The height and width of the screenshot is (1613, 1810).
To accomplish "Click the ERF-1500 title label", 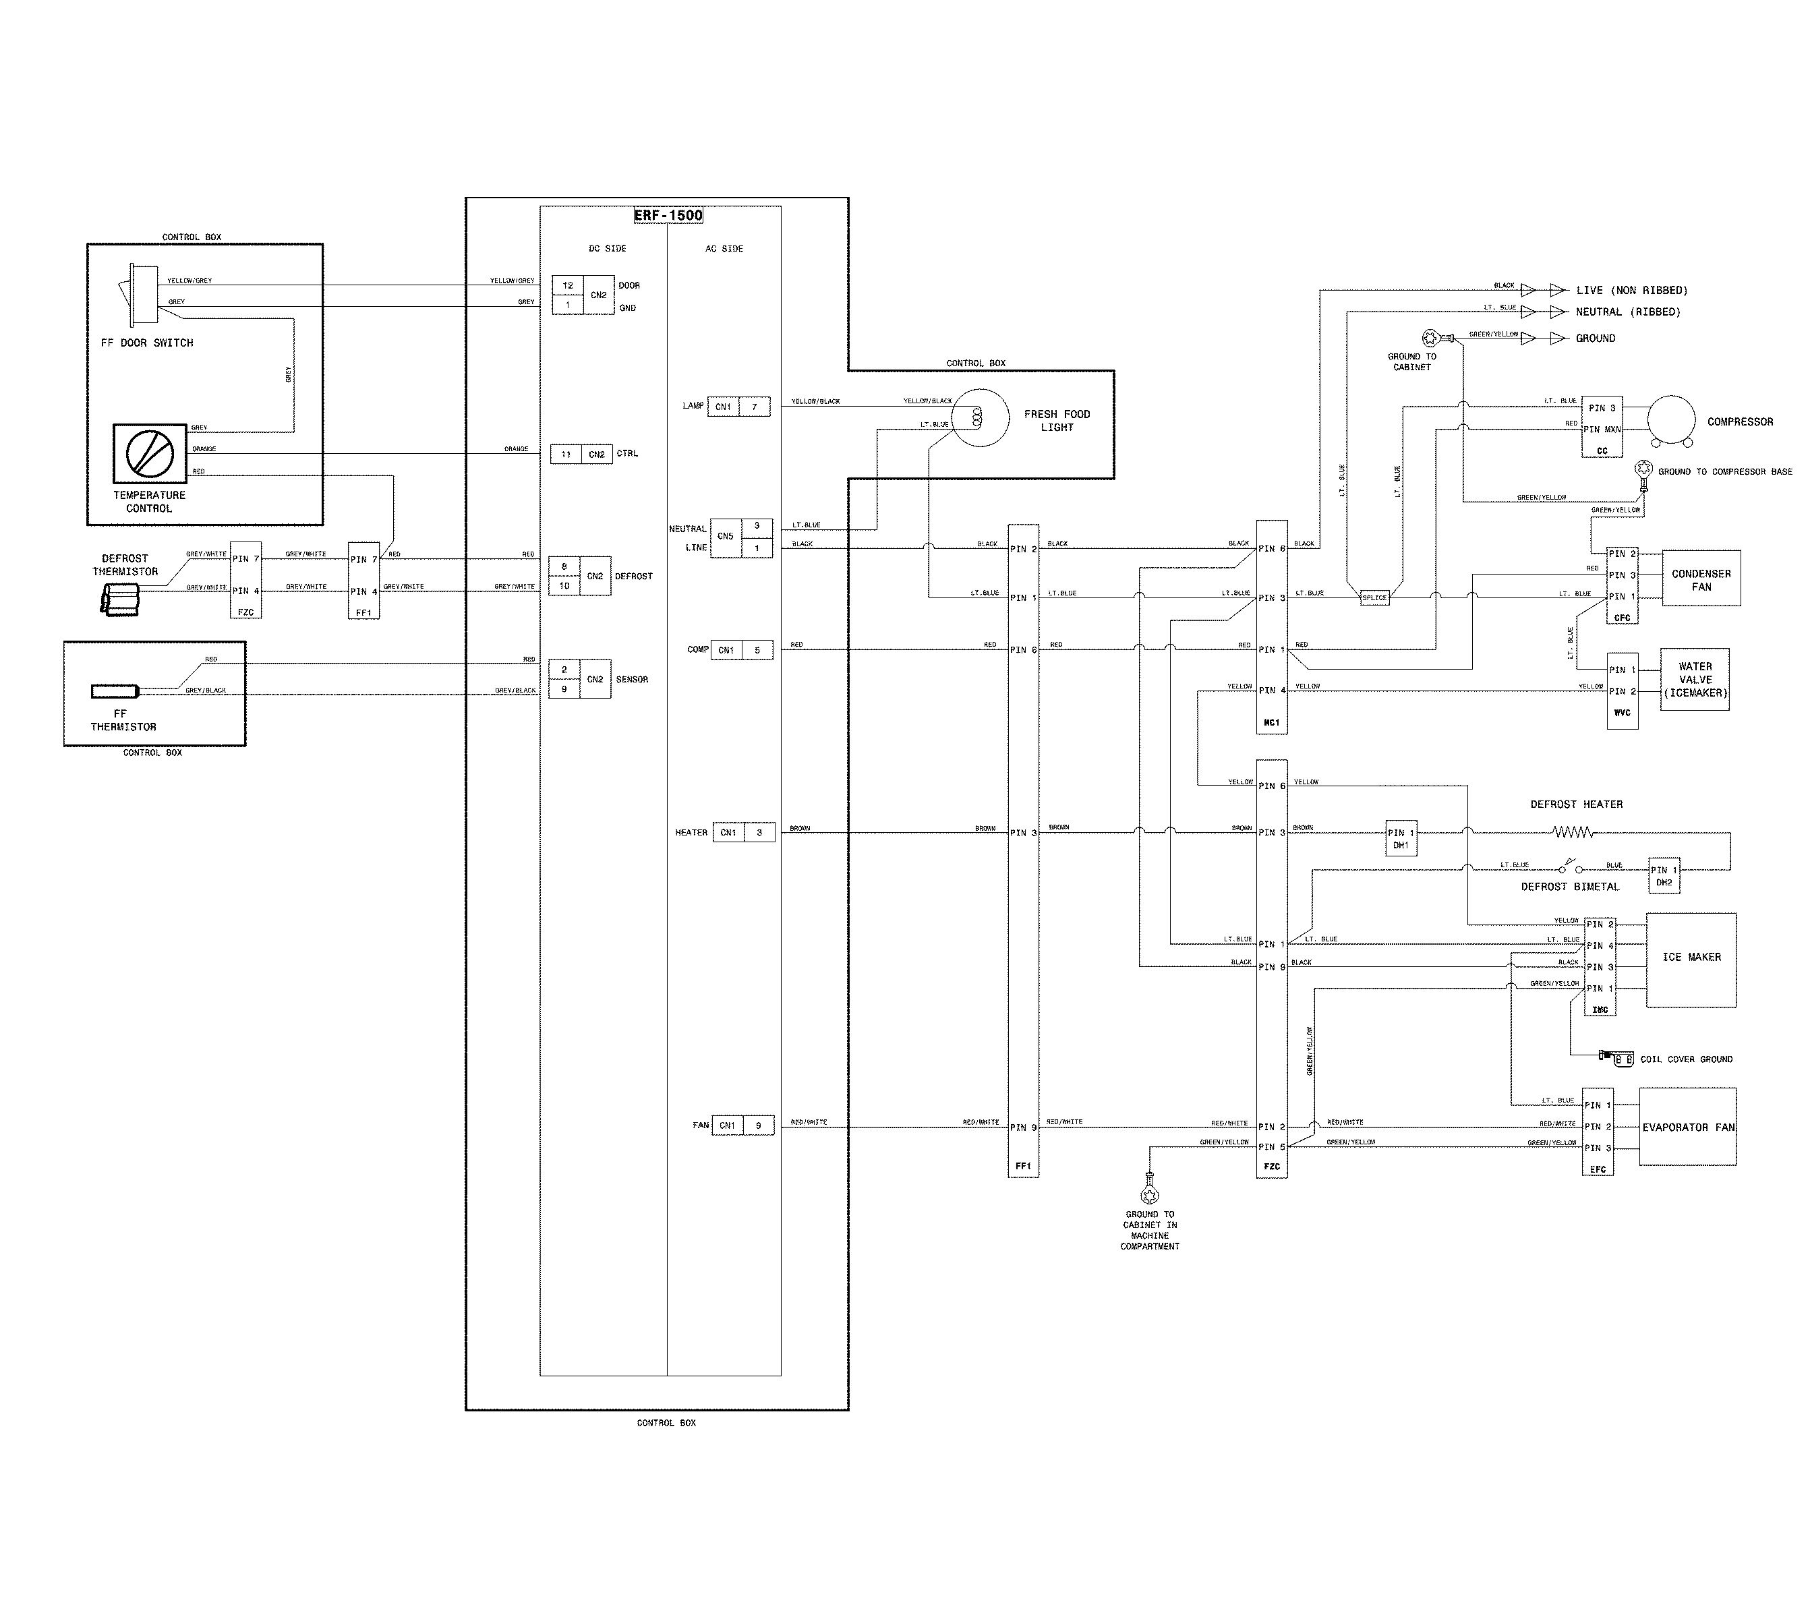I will (668, 215).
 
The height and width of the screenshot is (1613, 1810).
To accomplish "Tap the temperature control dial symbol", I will (150, 454).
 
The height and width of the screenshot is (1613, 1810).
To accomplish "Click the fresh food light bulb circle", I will (981, 417).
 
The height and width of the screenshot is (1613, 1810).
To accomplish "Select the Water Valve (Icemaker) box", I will (1695, 680).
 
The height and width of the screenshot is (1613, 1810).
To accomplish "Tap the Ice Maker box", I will (1691, 959).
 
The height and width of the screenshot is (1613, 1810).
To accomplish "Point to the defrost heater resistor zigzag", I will (1573, 832).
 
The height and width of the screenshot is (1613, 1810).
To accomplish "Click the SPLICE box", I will (1374, 598).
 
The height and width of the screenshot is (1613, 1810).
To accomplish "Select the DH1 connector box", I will (1401, 838).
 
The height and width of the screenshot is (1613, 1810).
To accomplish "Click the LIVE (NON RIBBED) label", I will (1631, 291).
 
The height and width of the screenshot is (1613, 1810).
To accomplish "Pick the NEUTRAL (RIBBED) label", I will (1627, 312).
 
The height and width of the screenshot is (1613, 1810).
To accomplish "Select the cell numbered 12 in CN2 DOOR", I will (567, 285).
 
